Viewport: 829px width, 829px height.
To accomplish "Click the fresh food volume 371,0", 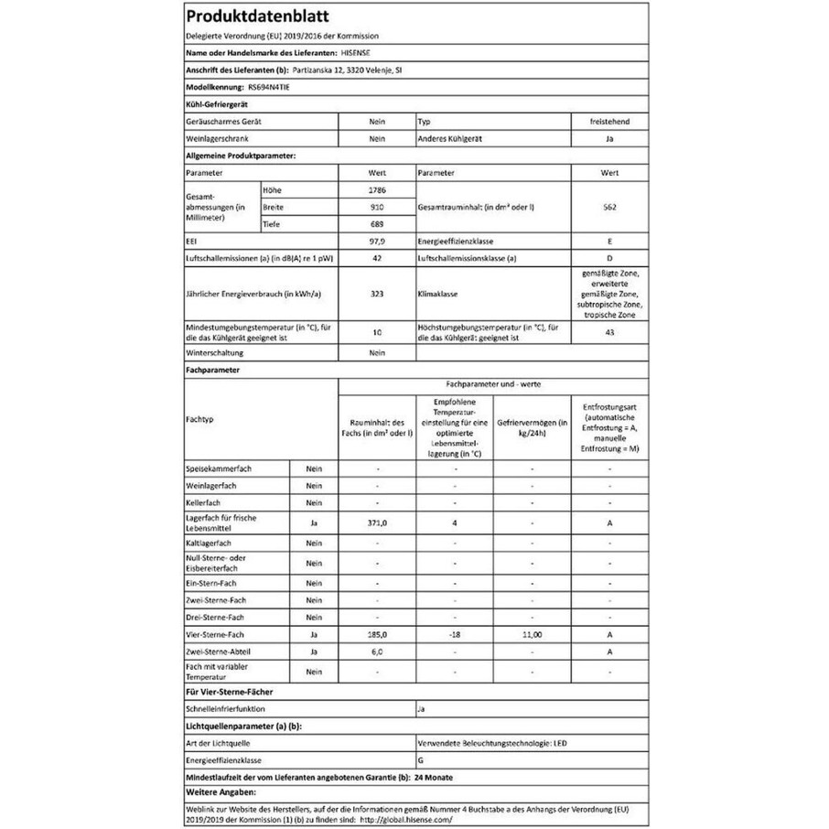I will point(376,523).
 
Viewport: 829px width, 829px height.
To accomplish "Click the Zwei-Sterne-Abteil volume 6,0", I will point(376,651).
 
